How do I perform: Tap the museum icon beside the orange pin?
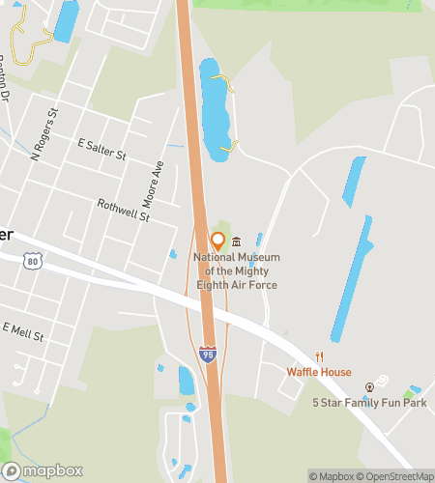click(x=235, y=241)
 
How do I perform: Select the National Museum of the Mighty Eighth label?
click(x=236, y=271)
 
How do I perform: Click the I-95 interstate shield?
click(x=208, y=355)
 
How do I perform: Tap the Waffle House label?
click(x=319, y=372)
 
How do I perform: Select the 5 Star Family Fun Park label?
click(x=368, y=401)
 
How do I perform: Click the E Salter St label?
click(x=102, y=148)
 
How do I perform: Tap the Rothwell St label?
click(x=124, y=211)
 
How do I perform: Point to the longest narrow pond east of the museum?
click(x=352, y=280)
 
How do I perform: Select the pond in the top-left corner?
click(x=66, y=21)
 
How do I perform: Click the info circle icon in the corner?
click(x=426, y=474)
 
